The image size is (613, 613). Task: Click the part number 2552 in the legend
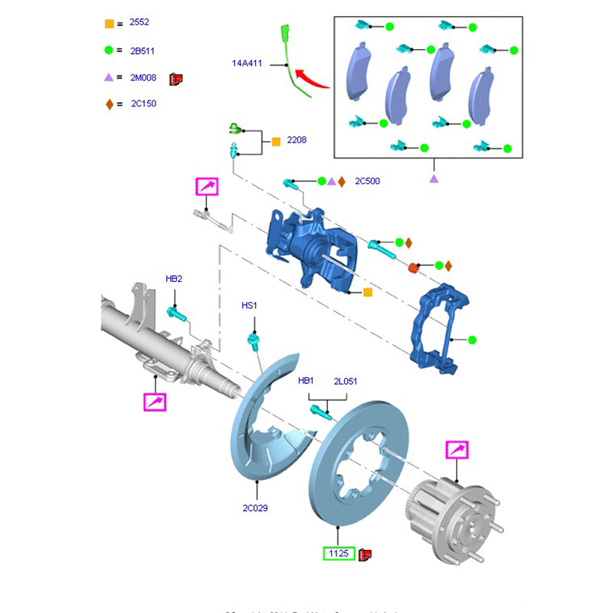[x=140, y=24]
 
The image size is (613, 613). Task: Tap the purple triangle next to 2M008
[x=109, y=77]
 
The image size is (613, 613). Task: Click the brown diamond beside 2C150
[x=109, y=103]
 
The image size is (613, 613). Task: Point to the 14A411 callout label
[x=247, y=64]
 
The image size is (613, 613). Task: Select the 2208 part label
[x=297, y=140]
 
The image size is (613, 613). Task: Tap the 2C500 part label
[x=367, y=182]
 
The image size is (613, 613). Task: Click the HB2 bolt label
[x=174, y=279]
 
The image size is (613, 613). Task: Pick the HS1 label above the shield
[x=250, y=305]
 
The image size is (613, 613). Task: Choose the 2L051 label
[x=345, y=381]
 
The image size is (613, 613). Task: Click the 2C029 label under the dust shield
[x=255, y=508]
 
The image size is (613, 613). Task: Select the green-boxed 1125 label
[x=338, y=553]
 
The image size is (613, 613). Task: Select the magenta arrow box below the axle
[x=155, y=401]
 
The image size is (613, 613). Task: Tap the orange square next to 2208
[x=276, y=141]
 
